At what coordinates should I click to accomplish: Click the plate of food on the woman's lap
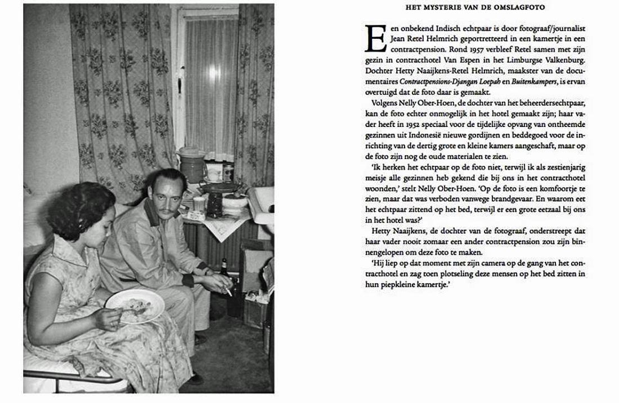pyautogui.click(x=134, y=305)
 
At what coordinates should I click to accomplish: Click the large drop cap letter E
pyautogui.click(x=375, y=39)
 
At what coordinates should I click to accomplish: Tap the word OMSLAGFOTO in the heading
pyautogui.click(x=518, y=6)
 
